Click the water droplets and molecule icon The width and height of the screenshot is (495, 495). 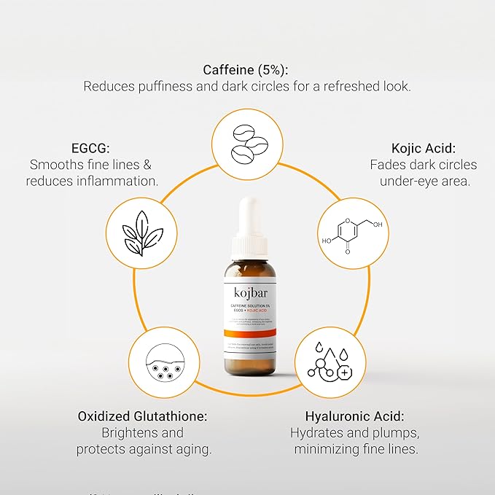point(330,362)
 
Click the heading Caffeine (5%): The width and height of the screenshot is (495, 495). point(247,70)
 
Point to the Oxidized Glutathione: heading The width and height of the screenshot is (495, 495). point(143,416)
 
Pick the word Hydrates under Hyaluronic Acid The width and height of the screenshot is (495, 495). point(318,433)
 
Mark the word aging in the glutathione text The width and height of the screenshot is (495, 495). point(192,449)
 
